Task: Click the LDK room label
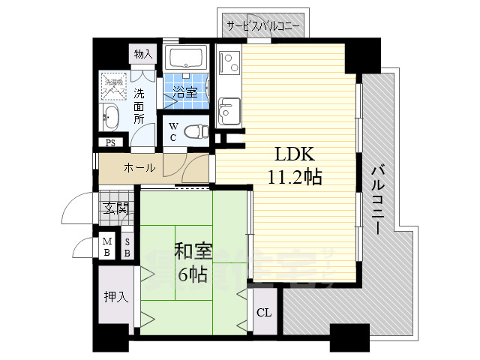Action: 289,155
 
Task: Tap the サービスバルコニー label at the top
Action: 265,26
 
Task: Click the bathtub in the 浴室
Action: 187,58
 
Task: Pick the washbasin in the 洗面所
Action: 111,118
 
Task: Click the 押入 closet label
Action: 116,296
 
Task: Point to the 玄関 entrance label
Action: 116,208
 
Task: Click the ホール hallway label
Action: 139,168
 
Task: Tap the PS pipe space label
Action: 110,143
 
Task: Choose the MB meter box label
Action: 107,247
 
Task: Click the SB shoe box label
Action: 127,247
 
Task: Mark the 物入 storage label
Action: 142,54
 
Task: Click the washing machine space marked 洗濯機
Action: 114,88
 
